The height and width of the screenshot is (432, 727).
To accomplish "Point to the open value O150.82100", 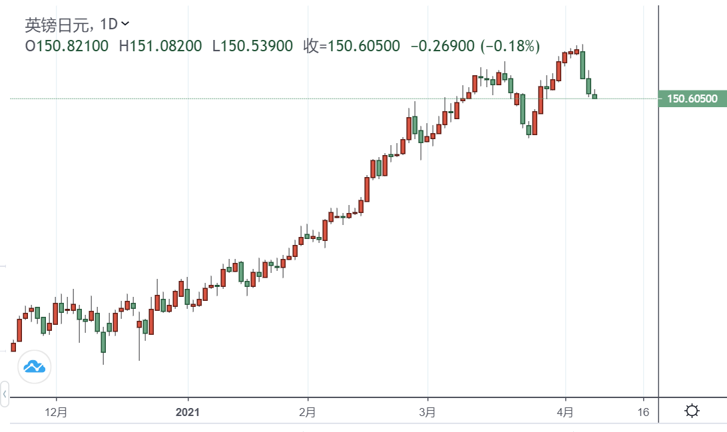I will coord(66,46).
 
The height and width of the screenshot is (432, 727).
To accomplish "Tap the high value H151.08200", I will coord(160,46).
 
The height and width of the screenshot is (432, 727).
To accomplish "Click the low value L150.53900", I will coord(252,46).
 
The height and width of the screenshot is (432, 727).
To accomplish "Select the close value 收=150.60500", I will coord(352,46).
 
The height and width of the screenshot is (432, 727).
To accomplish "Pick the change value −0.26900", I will coord(442,46).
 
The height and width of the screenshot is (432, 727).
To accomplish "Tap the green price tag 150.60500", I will coord(692,99).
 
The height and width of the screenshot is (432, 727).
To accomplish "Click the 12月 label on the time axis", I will coord(57,412).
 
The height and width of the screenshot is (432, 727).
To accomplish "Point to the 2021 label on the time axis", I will coord(188,412).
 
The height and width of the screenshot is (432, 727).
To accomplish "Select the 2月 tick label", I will coord(308,412).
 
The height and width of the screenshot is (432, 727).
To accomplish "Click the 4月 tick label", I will coord(565,412).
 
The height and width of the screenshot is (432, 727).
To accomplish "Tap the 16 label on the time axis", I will coord(642,412).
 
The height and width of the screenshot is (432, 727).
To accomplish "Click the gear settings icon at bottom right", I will coord(692,411).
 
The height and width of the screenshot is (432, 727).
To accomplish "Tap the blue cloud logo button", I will coord(34,366).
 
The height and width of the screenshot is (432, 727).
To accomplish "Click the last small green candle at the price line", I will coord(595,97).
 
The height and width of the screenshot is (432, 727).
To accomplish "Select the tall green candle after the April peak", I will coord(583,65).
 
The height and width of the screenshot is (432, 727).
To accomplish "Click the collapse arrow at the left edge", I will coord(4,394).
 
